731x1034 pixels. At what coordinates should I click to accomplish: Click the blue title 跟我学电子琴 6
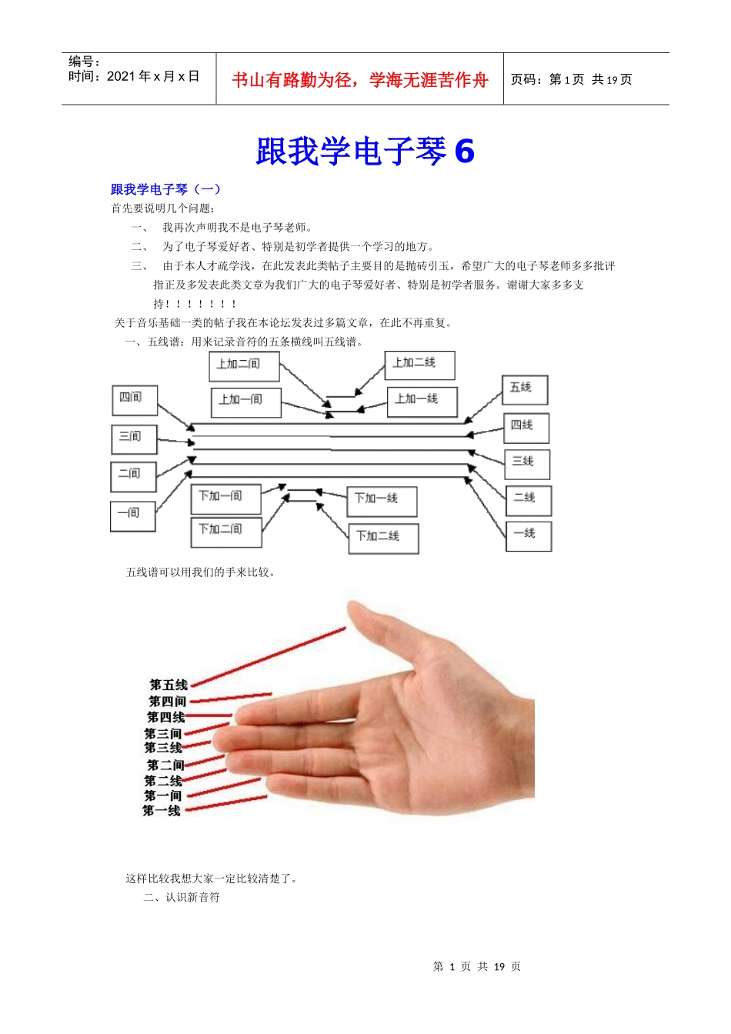point(365,151)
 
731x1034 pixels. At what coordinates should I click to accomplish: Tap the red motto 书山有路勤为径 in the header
point(360,80)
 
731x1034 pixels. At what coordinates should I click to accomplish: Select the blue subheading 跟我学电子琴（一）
point(165,189)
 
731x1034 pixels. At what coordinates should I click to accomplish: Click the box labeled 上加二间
point(244,366)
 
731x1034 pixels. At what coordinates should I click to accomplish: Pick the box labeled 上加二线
point(419,365)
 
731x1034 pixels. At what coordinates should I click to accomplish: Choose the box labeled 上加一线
point(422,401)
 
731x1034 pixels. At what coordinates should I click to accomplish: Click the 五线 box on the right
point(525,389)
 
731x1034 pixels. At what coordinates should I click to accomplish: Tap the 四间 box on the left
point(134,400)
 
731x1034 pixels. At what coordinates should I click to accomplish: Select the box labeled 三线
point(527,464)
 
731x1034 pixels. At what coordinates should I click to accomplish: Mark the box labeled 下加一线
point(382,501)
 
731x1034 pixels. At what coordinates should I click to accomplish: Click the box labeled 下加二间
point(225,532)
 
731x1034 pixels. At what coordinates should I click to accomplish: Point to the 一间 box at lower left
point(132,515)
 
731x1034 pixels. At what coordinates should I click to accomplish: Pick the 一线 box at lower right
point(528,535)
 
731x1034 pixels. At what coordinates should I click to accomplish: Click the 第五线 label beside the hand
point(169,685)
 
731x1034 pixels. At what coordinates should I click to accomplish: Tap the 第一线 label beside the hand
point(162,811)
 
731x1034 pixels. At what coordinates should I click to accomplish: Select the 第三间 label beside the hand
point(163,733)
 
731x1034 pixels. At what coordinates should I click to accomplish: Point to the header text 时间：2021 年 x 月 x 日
point(134,76)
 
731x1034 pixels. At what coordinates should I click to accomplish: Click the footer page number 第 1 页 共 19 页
point(477,966)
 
